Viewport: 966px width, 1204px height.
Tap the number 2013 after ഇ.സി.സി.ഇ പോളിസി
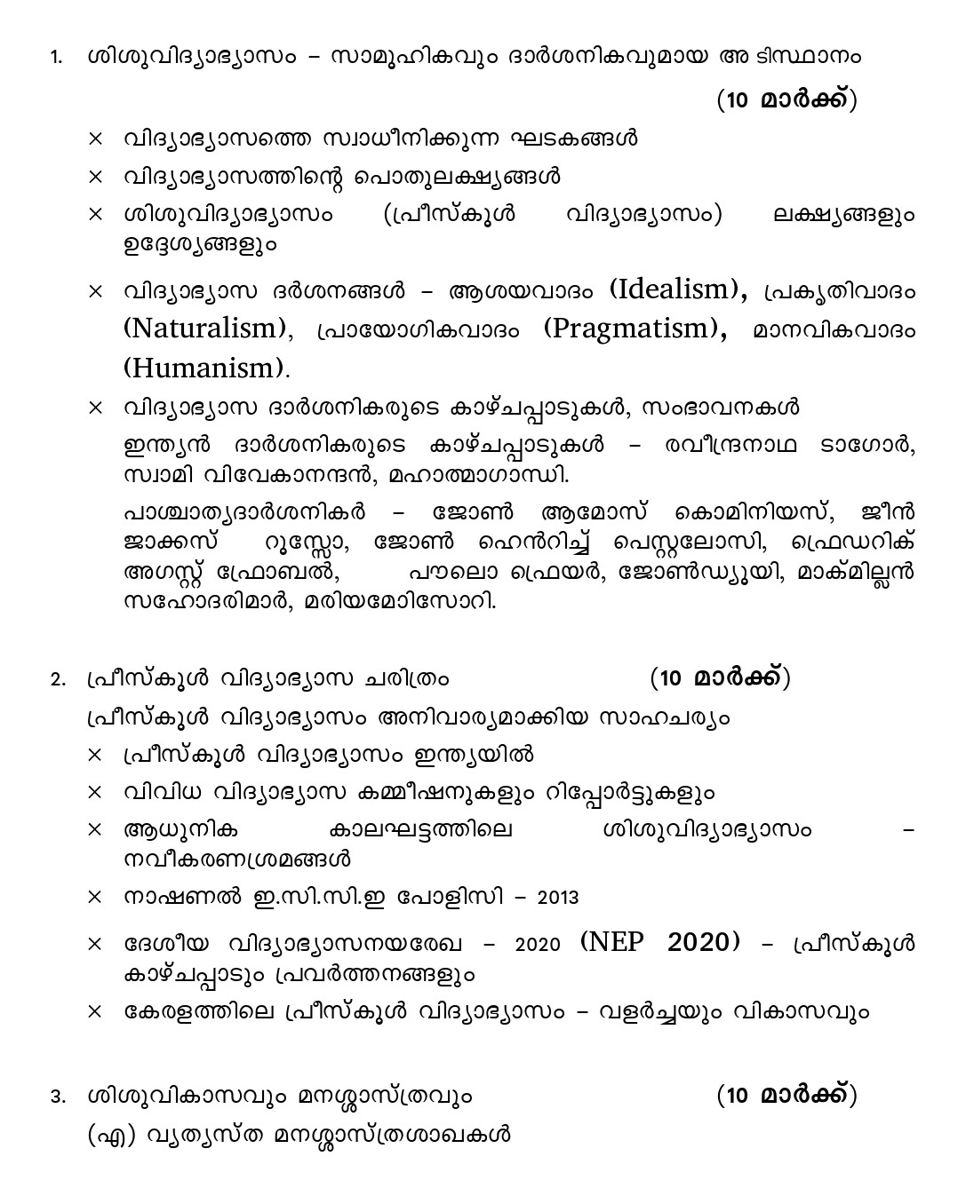[558, 897]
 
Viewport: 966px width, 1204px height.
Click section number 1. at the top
[56, 58]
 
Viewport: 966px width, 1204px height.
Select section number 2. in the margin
[57, 680]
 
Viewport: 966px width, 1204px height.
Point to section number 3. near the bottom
[57, 1097]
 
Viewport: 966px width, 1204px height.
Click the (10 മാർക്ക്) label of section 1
[786, 100]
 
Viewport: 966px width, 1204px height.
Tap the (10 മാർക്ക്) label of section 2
[720, 678]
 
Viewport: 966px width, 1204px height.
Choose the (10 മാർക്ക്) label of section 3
[786, 1096]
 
